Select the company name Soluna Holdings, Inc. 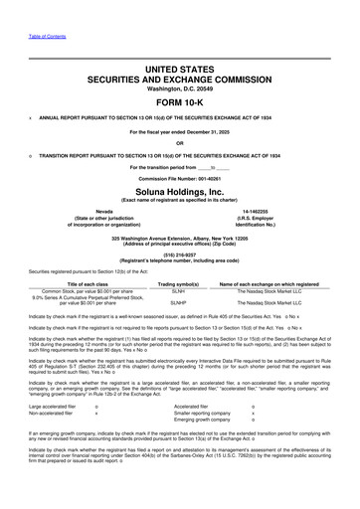(179, 192)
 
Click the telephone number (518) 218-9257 (179, 254)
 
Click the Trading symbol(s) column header (179, 279)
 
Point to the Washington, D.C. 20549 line (179, 87)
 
